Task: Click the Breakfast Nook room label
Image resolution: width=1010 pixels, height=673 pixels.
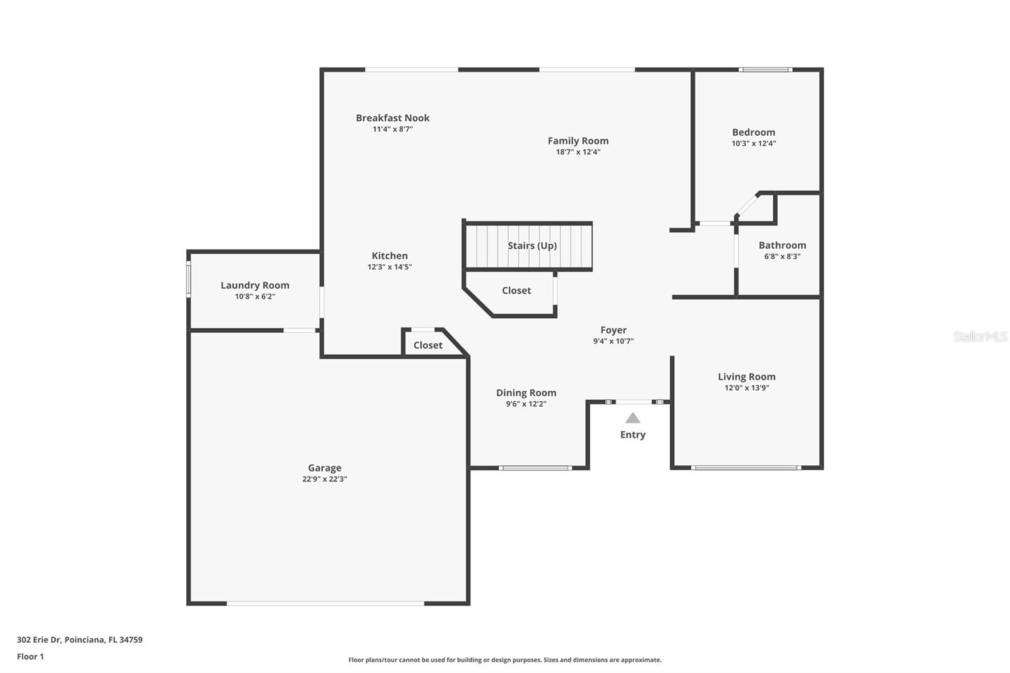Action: point(392,118)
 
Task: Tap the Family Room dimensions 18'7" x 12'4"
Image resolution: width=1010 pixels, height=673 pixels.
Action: point(578,152)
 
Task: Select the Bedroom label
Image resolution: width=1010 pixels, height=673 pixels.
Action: point(753,133)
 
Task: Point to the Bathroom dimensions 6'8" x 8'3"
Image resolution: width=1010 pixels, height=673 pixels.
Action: point(782,256)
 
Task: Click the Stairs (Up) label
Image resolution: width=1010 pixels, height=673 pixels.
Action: point(532,246)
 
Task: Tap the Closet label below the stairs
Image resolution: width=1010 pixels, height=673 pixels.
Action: point(516,290)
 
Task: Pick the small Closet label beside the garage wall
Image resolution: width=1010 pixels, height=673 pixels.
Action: point(427,345)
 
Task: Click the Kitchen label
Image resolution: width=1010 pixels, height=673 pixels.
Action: point(389,256)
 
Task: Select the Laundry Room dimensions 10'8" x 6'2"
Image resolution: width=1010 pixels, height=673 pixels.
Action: point(254,296)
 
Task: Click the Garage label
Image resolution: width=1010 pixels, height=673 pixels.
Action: point(324,468)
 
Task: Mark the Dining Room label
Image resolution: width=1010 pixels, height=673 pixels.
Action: point(526,393)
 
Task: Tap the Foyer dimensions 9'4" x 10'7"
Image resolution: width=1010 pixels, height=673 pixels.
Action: point(613,341)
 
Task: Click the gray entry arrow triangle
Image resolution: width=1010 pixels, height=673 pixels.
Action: point(633,418)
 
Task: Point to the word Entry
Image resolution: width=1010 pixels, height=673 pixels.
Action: point(633,435)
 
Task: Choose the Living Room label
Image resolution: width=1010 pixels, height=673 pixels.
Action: point(746,377)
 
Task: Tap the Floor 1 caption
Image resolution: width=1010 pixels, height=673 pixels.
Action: point(30,657)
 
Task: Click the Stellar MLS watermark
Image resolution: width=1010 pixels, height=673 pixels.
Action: point(980,336)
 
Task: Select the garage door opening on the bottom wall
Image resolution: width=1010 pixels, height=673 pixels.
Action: point(325,604)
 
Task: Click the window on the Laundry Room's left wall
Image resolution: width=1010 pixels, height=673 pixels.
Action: point(188,279)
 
